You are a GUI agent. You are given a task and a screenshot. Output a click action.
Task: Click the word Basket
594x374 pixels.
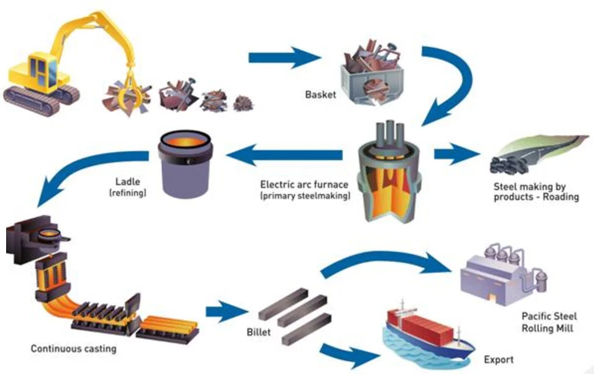tap(320, 95)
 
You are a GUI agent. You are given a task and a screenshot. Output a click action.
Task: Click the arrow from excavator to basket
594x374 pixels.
tap(285, 59)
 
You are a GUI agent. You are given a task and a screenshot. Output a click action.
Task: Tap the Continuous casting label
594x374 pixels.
tap(73, 349)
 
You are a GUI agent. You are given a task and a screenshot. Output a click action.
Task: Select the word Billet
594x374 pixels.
tap(257, 334)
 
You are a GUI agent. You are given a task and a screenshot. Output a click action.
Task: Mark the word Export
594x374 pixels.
tap(499, 359)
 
